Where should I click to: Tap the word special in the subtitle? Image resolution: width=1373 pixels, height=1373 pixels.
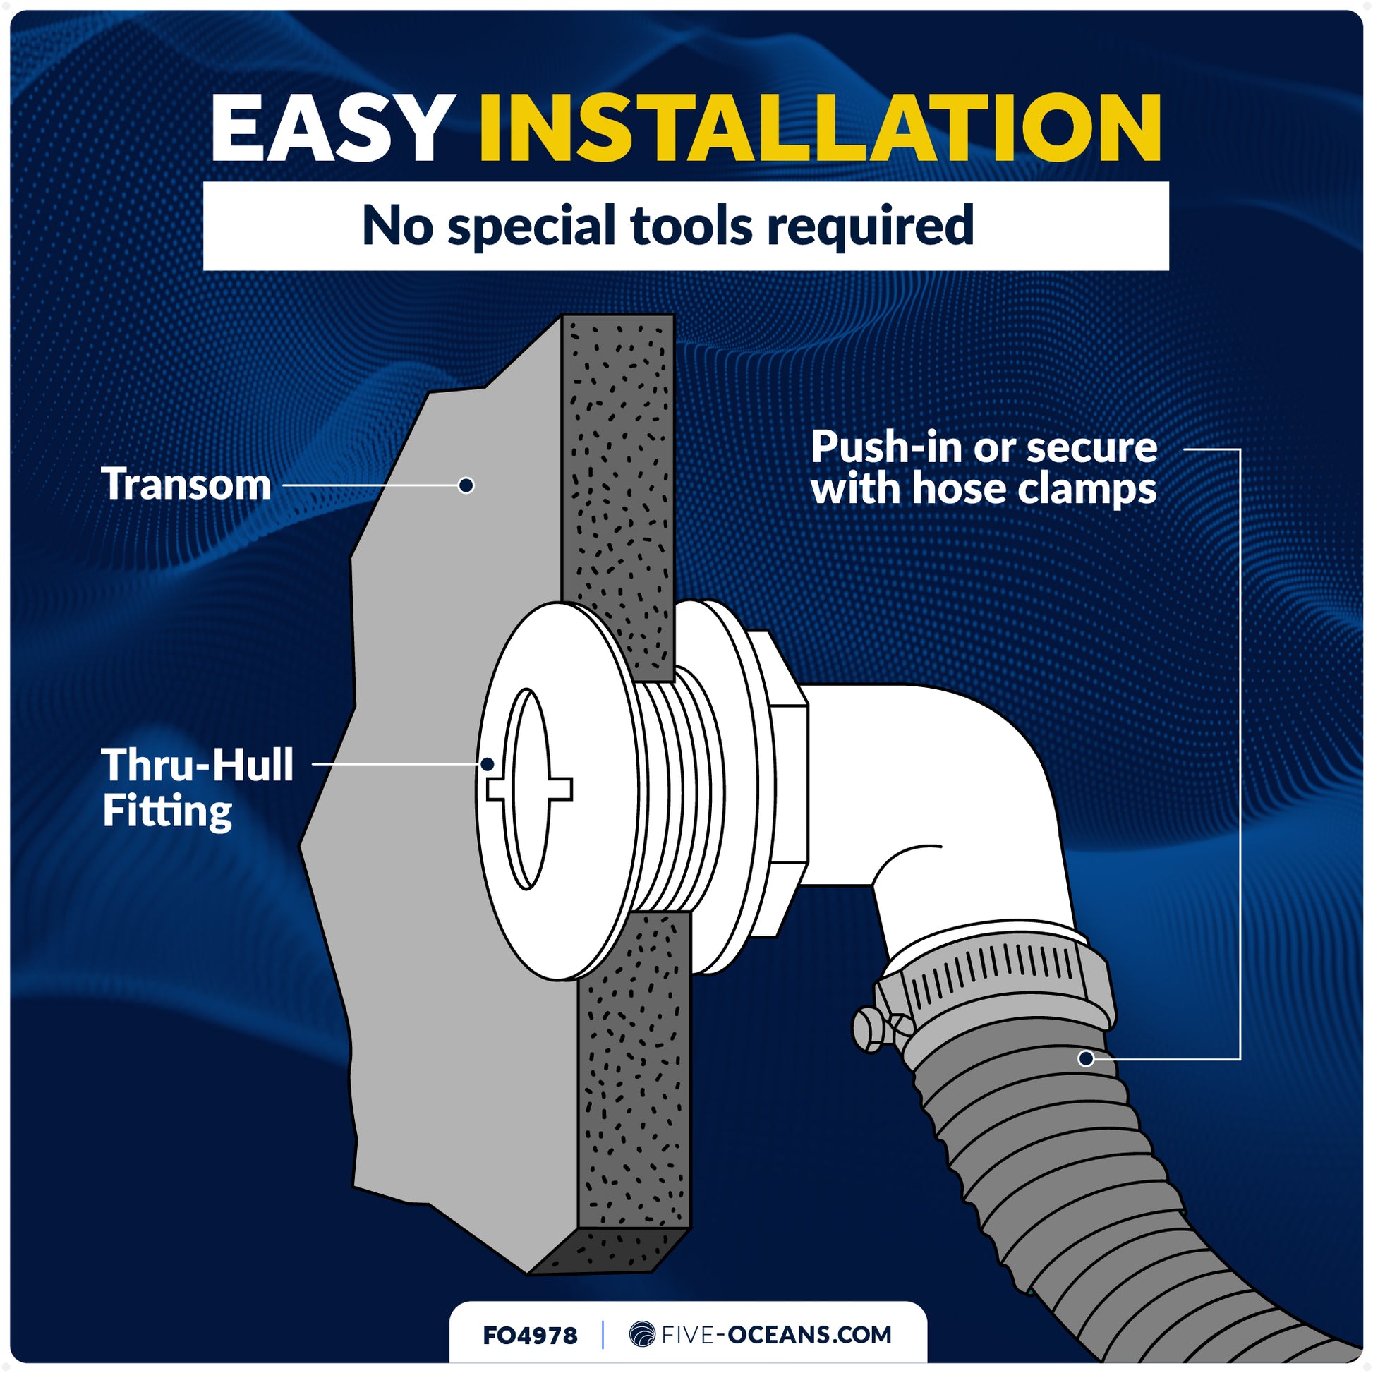(x=531, y=226)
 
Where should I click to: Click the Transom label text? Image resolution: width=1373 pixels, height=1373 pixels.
(x=186, y=484)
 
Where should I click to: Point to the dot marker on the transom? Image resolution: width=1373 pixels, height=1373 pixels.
(x=466, y=485)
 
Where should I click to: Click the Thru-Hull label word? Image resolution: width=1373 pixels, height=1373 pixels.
(x=198, y=765)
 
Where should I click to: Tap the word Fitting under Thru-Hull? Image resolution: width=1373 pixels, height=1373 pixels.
(x=167, y=811)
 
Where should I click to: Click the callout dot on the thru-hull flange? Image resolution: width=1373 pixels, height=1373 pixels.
(x=488, y=765)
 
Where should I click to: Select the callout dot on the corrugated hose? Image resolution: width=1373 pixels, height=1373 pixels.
(x=1086, y=1059)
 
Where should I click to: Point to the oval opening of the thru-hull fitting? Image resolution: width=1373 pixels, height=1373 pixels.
(x=526, y=789)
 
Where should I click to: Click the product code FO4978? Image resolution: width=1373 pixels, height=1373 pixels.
(x=530, y=1336)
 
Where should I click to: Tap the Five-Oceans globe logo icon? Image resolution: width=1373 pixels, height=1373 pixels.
(x=642, y=1334)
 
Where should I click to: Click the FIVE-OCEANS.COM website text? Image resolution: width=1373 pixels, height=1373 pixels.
(x=776, y=1335)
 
